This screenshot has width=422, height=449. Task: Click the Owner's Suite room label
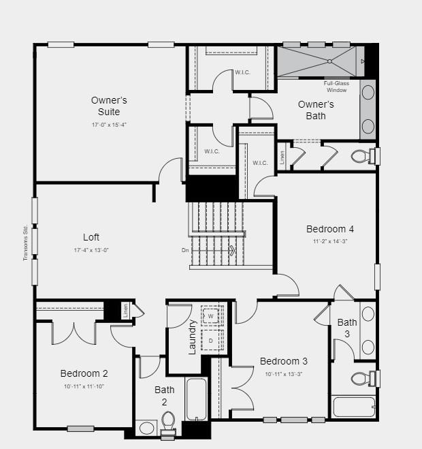click(109, 106)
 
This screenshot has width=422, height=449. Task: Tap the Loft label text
click(91, 237)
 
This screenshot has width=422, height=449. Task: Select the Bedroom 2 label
click(84, 373)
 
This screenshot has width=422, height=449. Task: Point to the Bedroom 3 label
click(284, 361)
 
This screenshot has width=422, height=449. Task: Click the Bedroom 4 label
click(329, 229)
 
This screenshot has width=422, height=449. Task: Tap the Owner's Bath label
click(316, 110)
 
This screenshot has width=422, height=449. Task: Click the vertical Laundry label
click(192, 337)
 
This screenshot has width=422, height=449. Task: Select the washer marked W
click(211, 317)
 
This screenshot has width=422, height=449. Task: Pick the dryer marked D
click(211, 340)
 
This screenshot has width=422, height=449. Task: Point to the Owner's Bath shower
click(316, 61)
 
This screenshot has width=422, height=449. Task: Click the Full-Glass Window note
click(336, 87)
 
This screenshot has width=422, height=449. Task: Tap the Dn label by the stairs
click(185, 250)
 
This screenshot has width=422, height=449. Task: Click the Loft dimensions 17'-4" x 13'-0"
click(91, 250)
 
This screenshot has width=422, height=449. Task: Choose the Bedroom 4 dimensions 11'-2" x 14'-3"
click(329, 241)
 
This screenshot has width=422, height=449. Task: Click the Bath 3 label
click(347, 328)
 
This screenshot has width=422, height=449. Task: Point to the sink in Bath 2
click(146, 429)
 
